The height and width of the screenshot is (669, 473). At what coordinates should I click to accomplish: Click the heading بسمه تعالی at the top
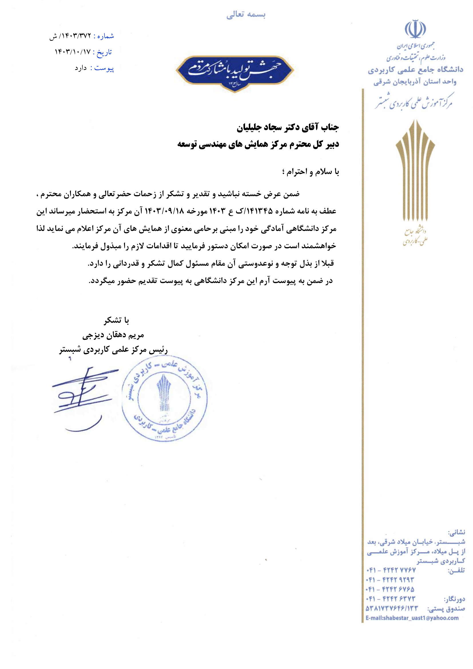click(x=246, y=15)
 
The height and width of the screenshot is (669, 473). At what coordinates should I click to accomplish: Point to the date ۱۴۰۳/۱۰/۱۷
click(x=73, y=52)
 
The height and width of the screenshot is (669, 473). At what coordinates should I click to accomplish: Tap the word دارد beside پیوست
click(x=81, y=68)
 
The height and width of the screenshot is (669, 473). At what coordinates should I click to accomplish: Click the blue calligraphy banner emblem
click(x=235, y=73)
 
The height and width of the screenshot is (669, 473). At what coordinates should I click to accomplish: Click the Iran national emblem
click(x=415, y=29)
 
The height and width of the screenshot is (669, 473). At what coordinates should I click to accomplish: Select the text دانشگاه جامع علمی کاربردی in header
click(x=415, y=70)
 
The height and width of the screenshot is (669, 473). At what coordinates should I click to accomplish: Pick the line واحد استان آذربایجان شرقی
click(x=415, y=82)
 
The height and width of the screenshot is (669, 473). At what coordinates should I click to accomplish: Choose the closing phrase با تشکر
click(x=116, y=321)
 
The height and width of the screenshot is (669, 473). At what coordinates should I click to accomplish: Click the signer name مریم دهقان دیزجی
click(x=113, y=336)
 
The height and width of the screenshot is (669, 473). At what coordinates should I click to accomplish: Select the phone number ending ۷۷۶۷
click(x=391, y=570)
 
